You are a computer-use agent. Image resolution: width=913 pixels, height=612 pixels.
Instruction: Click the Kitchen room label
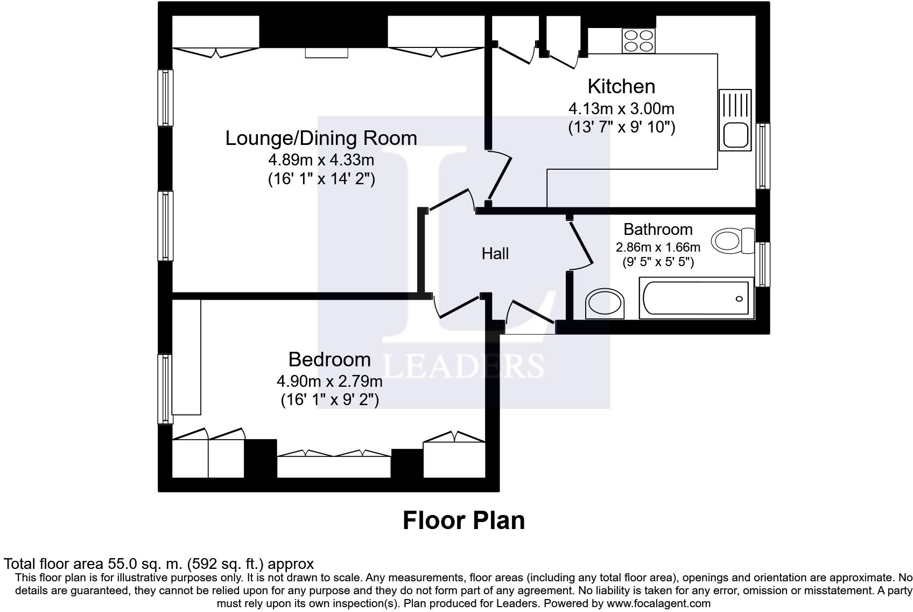click(621, 87)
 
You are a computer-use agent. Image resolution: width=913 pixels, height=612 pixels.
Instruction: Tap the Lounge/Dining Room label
click(321, 138)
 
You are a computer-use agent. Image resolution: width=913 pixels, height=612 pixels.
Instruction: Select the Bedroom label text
click(329, 359)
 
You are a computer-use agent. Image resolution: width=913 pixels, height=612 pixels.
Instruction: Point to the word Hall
click(495, 254)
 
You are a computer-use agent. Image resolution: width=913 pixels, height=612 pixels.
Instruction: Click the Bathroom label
click(658, 229)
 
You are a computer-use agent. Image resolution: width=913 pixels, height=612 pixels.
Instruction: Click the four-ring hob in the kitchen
click(638, 41)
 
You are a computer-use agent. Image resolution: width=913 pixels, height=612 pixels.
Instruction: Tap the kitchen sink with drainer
click(735, 120)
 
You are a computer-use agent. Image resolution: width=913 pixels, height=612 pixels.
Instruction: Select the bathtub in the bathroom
click(696, 298)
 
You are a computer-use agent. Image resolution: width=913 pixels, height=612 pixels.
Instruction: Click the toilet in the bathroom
click(733, 241)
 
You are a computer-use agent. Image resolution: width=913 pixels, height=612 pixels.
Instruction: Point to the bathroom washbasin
click(605, 303)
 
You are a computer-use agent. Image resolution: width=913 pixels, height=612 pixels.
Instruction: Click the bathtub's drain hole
click(739, 298)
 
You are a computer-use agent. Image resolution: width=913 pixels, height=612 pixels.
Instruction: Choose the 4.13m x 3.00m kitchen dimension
click(621, 109)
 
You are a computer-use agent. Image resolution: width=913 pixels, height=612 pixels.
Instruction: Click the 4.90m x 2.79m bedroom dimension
click(329, 381)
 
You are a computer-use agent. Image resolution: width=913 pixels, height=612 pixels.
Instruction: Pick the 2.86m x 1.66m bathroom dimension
click(658, 247)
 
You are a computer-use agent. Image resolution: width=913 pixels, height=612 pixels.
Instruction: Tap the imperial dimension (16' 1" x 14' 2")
click(321, 179)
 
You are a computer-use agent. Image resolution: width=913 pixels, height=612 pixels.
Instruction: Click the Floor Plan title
click(464, 520)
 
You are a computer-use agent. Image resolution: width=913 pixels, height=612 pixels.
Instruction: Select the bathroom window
click(763, 265)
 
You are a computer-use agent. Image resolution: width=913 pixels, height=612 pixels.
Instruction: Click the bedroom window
click(165, 389)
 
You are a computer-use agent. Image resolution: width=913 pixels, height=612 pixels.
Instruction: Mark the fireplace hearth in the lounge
click(326, 53)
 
